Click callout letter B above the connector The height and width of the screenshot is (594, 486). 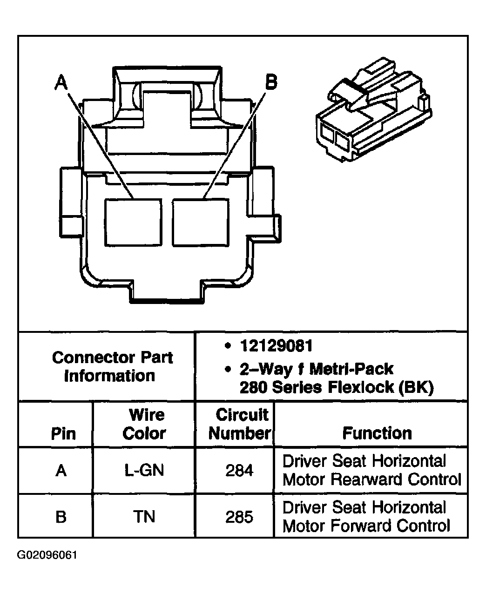click(270, 82)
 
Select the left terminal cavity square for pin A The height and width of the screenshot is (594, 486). click(133, 222)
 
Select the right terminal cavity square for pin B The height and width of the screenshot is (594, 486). click(201, 222)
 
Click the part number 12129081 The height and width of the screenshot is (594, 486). click(276, 346)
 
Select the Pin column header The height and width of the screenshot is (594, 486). click(63, 433)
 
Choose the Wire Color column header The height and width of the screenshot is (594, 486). click(144, 424)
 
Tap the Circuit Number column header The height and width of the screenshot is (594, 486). click(239, 424)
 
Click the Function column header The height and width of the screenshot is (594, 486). click(377, 433)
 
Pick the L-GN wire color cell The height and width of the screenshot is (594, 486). click(144, 471)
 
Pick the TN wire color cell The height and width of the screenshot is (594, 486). click(144, 517)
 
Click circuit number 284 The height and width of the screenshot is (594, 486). click(239, 471)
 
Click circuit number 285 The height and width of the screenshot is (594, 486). click(239, 517)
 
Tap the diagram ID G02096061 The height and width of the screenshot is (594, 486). click(47, 555)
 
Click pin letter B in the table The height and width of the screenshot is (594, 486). click(61, 517)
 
